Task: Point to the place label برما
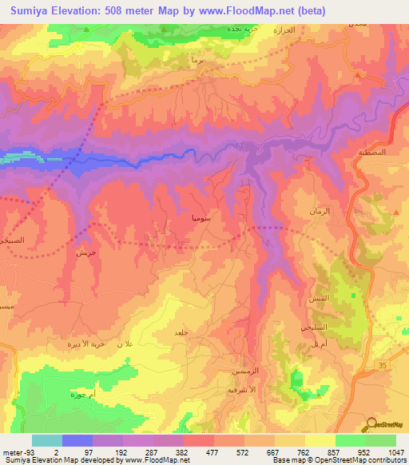(198, 61)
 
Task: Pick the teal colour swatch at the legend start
(47, 440)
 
